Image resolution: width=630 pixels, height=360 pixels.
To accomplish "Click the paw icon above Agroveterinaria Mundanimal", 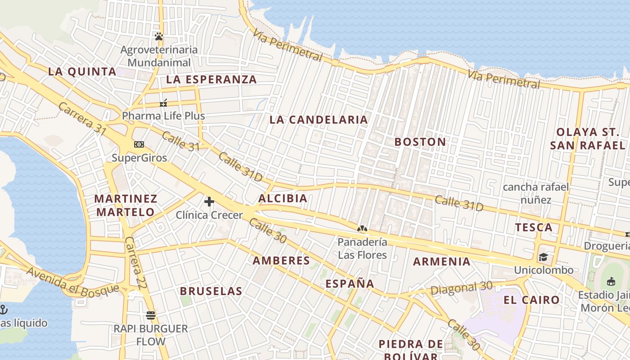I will coord(158,36).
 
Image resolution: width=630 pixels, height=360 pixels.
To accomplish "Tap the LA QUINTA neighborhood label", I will coord(82,72).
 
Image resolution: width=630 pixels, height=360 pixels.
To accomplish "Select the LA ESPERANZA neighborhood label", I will coord(211,80).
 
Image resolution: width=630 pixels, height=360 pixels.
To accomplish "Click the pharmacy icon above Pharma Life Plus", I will coord(163,103).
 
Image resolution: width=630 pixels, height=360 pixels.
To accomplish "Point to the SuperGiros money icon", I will coord(139,144).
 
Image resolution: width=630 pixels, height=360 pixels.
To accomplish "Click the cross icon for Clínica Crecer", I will coord(209,202).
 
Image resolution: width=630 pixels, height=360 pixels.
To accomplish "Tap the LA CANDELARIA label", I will coord(319,120).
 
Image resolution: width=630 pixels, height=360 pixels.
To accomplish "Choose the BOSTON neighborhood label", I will coord(420,142).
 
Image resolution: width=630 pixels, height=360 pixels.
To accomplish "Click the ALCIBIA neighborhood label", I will coord(283,198).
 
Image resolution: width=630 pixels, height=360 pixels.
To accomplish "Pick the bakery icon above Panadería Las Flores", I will coord(362,229).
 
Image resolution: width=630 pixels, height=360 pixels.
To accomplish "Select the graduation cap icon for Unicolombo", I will coord(544,257).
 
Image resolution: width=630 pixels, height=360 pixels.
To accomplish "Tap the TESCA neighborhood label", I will coord(534,227).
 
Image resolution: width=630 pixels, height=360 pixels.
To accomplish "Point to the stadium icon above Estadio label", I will coord(611,282).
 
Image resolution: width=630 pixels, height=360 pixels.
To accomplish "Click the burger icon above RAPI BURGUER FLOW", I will coord(151,315).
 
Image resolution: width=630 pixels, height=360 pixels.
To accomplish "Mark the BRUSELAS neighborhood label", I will coord(211,291).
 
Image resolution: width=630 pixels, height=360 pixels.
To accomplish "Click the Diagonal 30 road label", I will coord(461,288).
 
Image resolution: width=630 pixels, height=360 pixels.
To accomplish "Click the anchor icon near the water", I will coord(4,309).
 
